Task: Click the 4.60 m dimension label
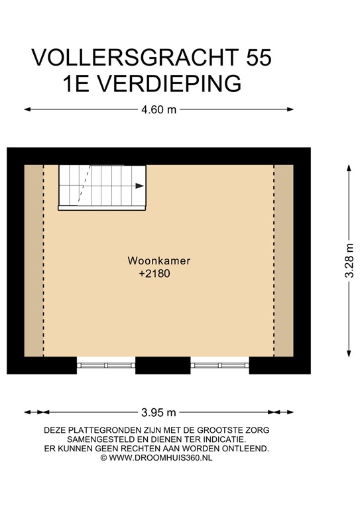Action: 159,110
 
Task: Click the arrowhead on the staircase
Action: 139,186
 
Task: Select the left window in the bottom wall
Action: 106,364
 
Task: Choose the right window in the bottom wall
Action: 221,364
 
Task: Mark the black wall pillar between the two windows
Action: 163,365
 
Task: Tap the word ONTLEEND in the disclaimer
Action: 246,449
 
